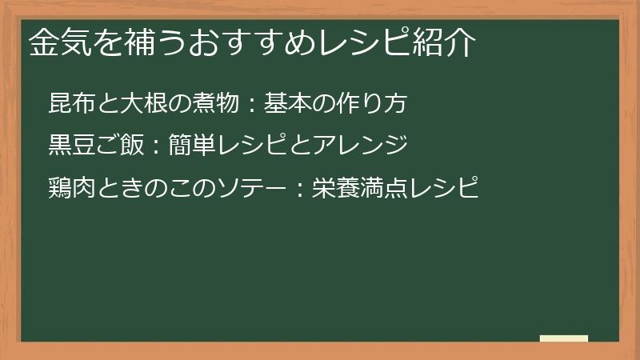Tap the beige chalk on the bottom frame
tap(564, 338)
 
